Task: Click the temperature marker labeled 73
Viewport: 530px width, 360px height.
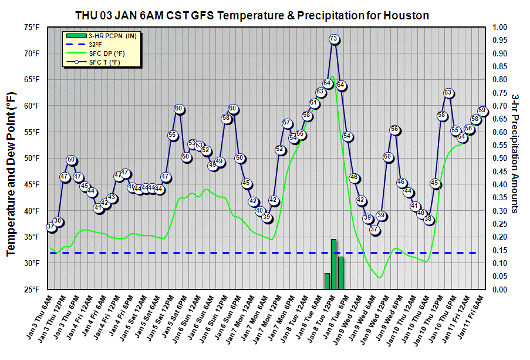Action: (x=333, y=39)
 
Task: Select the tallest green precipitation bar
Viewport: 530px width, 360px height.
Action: (x=333, y=264)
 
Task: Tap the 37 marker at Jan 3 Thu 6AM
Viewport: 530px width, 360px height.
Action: (x=51, y=227)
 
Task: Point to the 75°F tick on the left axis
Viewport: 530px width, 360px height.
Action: (x=32, y=27)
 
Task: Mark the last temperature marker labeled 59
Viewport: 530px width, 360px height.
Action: (x=482, y=110)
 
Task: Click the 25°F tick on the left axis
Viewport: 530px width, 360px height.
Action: (x=32, y=290)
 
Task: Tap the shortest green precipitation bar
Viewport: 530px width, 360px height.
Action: (x=327, y=281)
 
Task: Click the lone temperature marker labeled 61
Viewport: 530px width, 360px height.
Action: (x=314, y=103)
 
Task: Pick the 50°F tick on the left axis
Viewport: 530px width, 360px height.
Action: (x=32, y=159)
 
